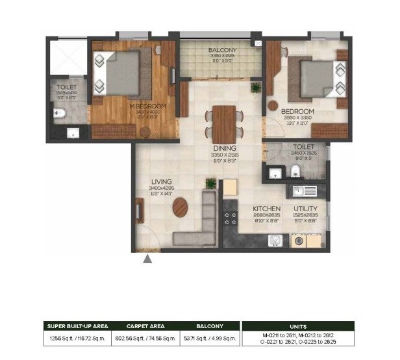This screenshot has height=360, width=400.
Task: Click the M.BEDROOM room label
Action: tap(147, 106)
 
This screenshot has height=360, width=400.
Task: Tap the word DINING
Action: tap(224, 148)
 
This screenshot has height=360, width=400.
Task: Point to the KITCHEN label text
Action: tap(266, 209)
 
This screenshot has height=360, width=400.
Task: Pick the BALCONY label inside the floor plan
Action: tap(222, 50)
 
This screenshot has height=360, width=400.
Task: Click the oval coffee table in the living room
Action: tap(181, 207)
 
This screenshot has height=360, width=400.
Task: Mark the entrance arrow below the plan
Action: tap(148, 259)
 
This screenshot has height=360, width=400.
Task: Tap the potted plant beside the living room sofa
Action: tap(210, 184)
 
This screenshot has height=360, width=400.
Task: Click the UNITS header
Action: tap(297, 326)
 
